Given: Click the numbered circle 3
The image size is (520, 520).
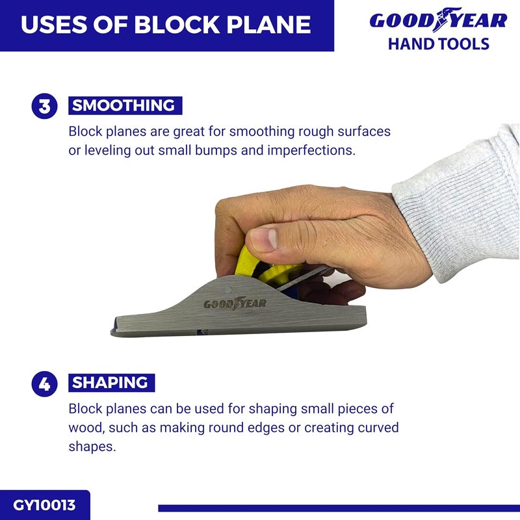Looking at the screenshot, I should (x=44, y=106).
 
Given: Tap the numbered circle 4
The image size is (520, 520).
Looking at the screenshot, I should (x=44, y=383).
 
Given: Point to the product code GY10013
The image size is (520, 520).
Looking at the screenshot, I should (x=44, y=505).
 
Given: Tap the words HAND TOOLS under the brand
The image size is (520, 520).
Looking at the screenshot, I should (x=439, y=44).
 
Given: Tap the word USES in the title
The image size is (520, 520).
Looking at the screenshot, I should (x=53, y=25).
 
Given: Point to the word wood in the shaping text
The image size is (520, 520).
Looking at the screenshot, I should (x=84, y=428).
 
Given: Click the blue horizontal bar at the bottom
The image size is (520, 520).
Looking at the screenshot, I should (x=338, y=508).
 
